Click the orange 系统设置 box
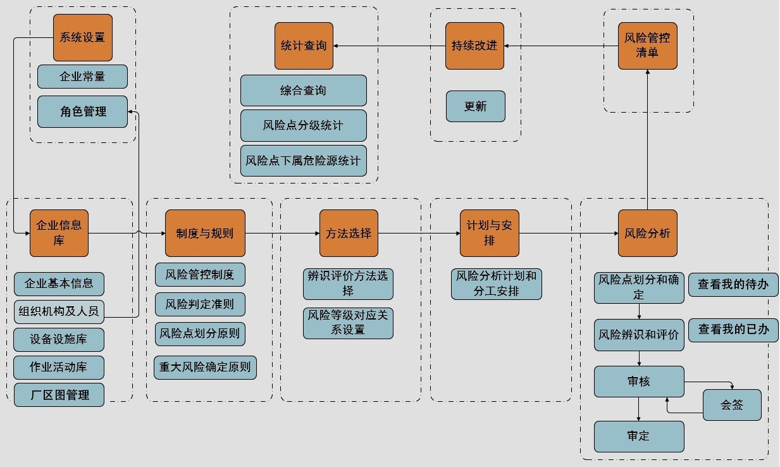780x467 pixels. coord(83,37)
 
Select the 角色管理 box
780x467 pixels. coord(83,112)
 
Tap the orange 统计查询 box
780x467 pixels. coord(304,46)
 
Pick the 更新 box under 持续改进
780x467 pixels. coord(476,106)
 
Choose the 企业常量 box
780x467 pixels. coord(83,77)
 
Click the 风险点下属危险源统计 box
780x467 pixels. coord(304,161)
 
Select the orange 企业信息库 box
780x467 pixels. coord(59,233)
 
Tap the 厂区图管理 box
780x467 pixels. coord(59,395)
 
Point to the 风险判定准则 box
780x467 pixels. coord(200,304)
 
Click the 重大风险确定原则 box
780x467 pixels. coord(205,367)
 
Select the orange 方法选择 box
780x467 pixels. coord(349,233)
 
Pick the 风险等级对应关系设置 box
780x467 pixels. coord(348,323)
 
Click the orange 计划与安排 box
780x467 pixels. coord(489,233)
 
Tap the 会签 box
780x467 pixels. coord(732,405)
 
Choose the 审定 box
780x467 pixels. coord(639,437)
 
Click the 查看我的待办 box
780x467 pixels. coord(733,285)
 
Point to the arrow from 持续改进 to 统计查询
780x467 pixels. coord(389,46)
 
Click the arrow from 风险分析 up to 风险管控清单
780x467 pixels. coord(647,139)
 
